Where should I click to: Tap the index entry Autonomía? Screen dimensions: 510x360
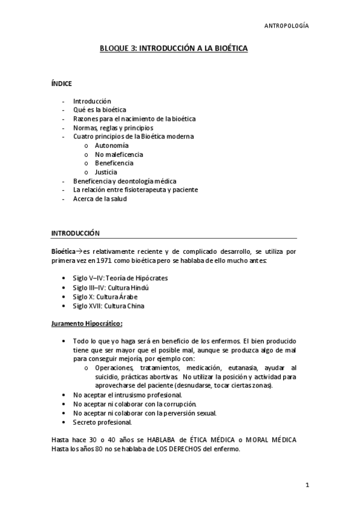click(111, 146)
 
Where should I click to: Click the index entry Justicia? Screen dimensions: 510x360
click(106, 172)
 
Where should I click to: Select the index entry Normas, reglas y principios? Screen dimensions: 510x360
click(113, 127)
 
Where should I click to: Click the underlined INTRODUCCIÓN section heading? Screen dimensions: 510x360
click(75, 233)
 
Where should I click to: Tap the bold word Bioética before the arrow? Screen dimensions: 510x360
click(63, 251)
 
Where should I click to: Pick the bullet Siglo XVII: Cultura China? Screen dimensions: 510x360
click(109, 306)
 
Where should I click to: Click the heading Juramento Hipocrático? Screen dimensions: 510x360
click(87, 324)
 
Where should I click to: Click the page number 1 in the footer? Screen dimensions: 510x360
click(307, 485)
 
